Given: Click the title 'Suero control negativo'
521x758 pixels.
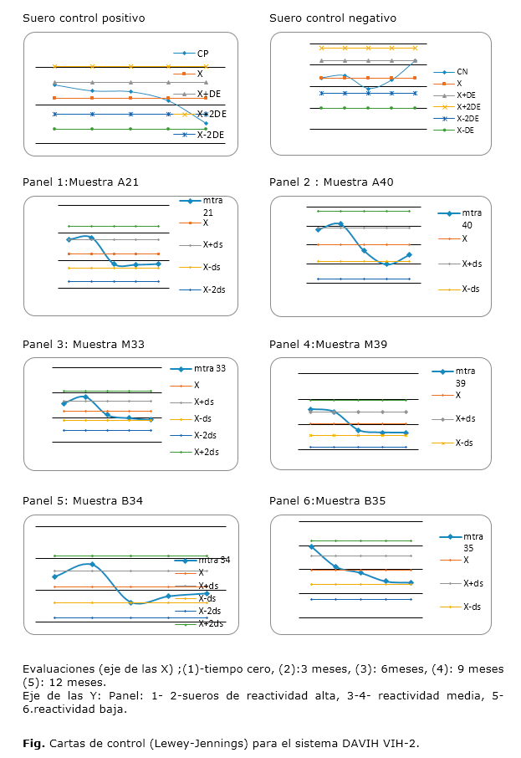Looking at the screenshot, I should (333, 18).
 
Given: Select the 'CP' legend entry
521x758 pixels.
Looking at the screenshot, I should (203, 54).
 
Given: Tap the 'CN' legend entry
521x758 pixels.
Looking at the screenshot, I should (462, 72).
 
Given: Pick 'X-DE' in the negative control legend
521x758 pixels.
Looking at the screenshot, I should (466, 130).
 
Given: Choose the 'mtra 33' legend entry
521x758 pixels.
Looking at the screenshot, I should (210, 368).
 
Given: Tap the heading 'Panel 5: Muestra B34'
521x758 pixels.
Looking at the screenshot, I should (83, 500).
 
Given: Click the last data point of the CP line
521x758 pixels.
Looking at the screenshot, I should (206, 123).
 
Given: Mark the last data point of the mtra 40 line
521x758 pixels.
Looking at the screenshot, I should (410, 254).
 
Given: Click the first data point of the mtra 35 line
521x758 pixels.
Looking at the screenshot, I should (311, 547).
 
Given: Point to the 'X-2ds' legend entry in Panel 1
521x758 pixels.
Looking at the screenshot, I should (212, 289).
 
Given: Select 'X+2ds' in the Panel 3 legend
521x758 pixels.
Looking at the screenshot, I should (206, 452).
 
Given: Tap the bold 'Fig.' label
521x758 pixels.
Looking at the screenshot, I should (33, 742).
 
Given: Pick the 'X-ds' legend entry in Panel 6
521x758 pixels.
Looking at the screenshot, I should (475, 606).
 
